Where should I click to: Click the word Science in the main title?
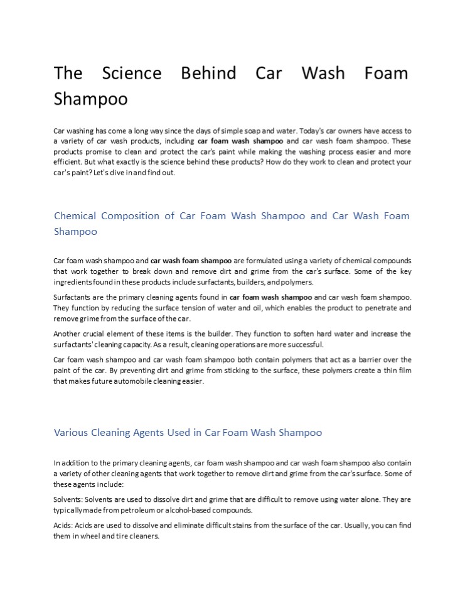click(x=132, y=73)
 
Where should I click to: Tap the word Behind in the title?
click(x=208, y=73)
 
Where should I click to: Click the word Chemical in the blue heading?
click(x=75, y=216)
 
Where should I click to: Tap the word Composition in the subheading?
click(x=131, y=216)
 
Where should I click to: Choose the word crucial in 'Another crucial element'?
click(x=98, y=334)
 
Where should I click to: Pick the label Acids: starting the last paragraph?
click(x=64, y=525)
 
